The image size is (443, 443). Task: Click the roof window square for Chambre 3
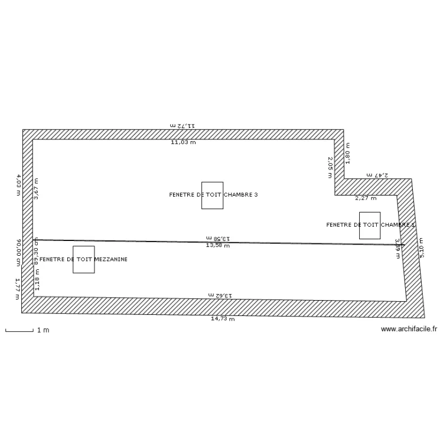coord(212,195)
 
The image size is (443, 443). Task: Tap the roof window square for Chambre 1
coord(370,225)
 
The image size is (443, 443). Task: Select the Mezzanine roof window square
coord(83,259)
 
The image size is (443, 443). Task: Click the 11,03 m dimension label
coord(183,142)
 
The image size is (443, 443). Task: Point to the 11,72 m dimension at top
coord(183,126)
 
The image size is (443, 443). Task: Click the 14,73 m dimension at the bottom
coord(223,319)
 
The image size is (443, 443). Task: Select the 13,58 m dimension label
coord(217,245)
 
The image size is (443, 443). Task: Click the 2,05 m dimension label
coord(330,164)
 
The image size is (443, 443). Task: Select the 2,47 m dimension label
coord(377,175)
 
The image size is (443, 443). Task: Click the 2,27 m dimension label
coord(364,198)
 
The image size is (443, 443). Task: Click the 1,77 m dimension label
coord(18,289)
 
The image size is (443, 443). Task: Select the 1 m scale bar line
coord(19,331)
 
